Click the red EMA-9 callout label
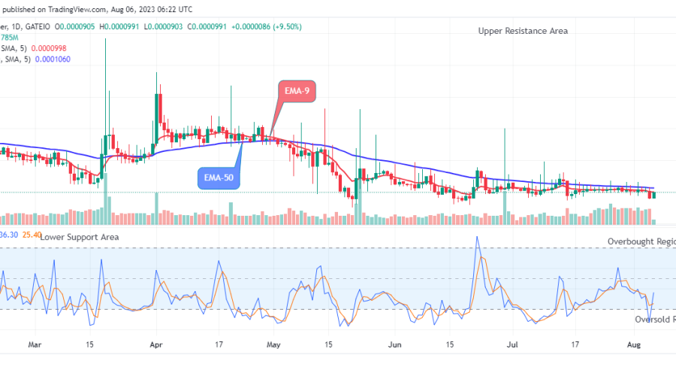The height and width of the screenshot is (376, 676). pos(296,91)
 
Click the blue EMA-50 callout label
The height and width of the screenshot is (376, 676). pos(218,179)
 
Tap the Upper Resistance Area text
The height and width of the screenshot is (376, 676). pos(523,31)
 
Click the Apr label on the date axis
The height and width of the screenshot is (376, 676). pos(157,346)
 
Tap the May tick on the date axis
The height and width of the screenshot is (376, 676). pos(273,346)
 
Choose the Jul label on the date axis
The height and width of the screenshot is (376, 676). pos(514,346)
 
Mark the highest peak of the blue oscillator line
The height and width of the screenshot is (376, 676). pos(476,238)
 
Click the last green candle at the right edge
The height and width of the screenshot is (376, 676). pos(653,195)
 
